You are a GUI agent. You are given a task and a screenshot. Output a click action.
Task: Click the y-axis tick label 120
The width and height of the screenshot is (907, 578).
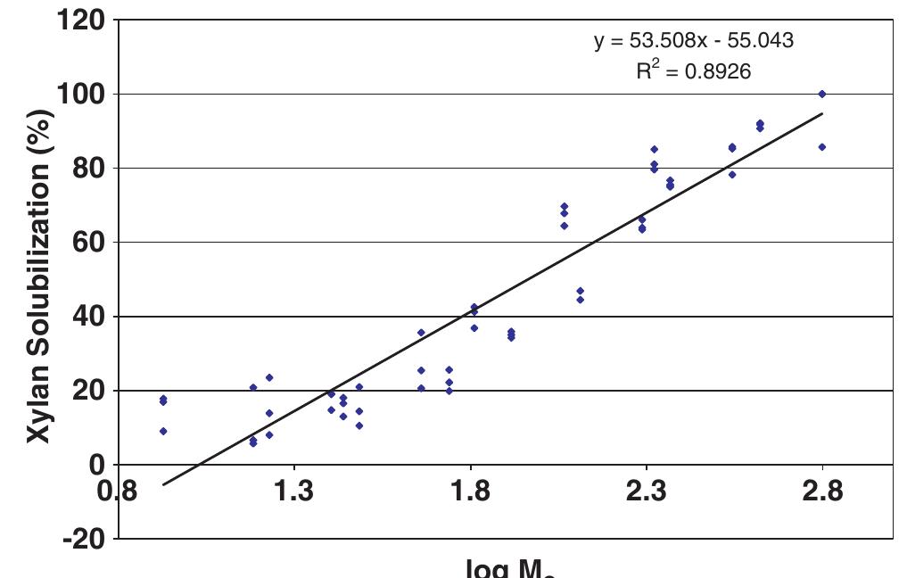[x=80, y=20]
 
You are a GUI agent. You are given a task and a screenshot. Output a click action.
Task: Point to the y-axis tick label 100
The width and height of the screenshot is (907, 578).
[x=80, y=94]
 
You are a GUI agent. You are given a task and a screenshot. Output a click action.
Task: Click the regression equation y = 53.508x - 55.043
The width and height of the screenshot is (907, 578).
[x=694, y=41]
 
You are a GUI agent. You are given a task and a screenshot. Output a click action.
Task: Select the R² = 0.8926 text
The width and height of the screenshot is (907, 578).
[x=693, y=71]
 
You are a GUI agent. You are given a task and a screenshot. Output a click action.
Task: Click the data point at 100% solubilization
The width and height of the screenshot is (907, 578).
[x=821, y=94]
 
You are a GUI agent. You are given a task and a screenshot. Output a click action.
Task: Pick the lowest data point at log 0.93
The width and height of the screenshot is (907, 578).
[x=163, y=431]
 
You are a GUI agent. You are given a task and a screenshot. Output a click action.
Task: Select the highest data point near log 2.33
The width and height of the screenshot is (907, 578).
[x=654, y=149]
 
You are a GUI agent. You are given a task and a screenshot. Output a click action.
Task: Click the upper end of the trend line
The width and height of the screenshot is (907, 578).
[x=821, y=113]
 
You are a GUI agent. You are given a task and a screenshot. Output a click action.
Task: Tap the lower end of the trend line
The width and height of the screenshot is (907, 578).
[x=163, y=484]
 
